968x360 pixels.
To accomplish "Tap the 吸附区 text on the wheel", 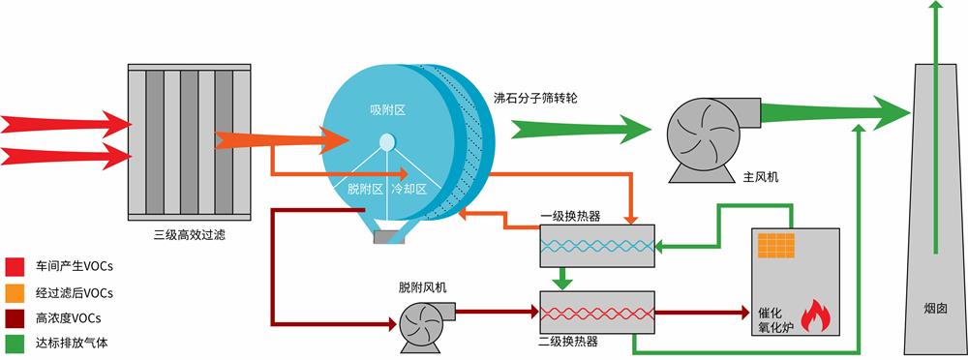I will click(x=386, y=110).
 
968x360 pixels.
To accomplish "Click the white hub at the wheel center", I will click(x=387, y=142).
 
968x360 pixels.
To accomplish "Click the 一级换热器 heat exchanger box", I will click(x=596, y=246).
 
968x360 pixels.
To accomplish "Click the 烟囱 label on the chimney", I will click(x=934, y=310).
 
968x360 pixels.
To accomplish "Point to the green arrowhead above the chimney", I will click(x=934, y=10).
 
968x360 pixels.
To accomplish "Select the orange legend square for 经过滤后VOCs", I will click(x=15, y=291).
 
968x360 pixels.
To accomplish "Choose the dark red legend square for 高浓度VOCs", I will click(x=15, y=316).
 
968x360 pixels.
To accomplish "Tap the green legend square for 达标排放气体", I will click(x=15, y=342).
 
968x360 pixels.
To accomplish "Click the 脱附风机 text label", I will click(x=423, y=287).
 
